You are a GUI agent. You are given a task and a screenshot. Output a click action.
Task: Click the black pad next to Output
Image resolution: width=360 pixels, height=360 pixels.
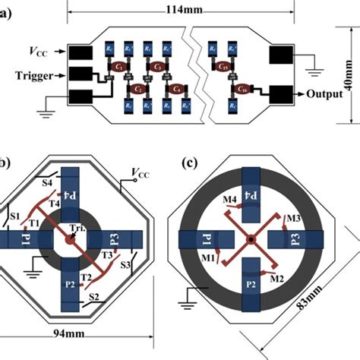point(283,94)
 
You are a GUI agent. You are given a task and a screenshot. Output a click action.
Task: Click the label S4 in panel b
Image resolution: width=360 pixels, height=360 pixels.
point(47,182)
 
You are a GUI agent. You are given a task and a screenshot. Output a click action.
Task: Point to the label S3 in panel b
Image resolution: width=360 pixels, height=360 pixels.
point(125,265)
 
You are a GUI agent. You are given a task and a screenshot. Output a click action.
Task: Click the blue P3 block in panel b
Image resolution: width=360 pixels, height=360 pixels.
point(116,240)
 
